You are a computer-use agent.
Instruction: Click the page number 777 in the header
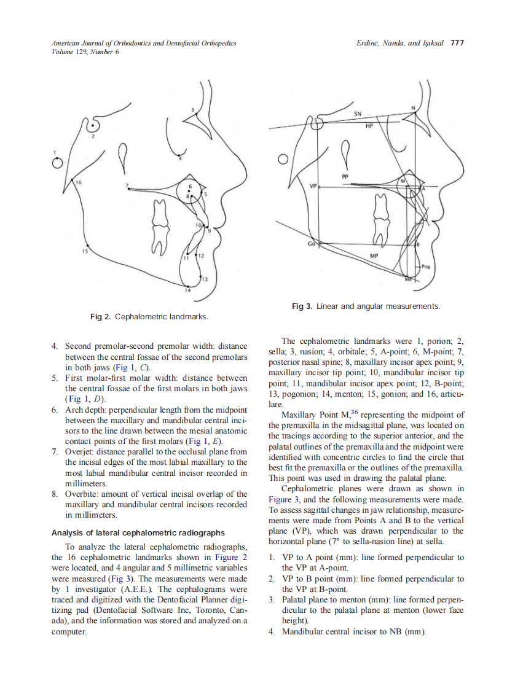[x=457, y=44]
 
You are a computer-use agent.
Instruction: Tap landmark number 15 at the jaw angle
[x=85, y=251]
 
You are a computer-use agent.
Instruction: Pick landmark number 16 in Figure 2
[x=78, y=183]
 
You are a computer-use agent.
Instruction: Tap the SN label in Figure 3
[x=357, y=114]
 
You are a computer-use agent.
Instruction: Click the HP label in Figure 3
[x=369, y=125]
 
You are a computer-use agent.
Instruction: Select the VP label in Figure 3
[x=313, y=185]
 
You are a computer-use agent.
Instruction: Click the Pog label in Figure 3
[x=427, y=267]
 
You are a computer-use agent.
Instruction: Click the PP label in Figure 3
[x=345, y=176]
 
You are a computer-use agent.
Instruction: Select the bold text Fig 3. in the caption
[x=302, y=306]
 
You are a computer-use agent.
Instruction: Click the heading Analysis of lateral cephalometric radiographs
[x=138, y=532]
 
